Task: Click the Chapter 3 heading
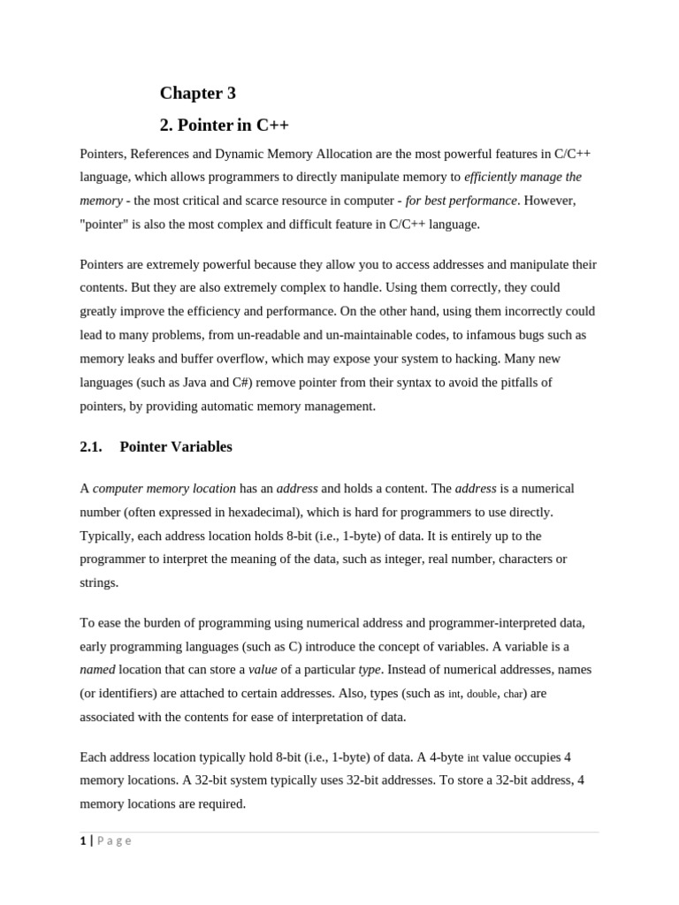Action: coord(197,93)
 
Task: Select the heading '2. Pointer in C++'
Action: coord(225,125)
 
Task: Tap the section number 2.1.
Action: coord(91,446)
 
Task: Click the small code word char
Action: coord(513,694)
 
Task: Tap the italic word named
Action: coord(97,670)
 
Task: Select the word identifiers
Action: coord(134,693)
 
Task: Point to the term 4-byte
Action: coord(443,757)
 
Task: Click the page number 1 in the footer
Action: coord(82,840)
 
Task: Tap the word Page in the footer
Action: coord(114,840)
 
